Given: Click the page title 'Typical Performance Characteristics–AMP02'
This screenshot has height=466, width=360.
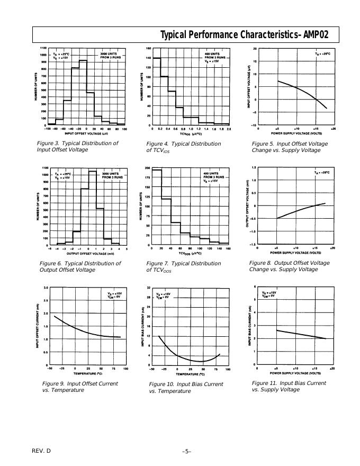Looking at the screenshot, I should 244,35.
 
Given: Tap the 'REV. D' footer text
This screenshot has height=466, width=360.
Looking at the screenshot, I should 42,451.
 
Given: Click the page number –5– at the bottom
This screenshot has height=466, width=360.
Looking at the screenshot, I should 186,451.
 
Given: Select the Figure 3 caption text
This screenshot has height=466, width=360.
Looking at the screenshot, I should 77,147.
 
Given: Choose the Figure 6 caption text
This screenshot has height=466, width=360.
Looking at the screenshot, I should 80,266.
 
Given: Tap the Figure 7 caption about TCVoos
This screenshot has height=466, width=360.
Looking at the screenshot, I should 184,267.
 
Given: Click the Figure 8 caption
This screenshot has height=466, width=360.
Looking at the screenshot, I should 289,266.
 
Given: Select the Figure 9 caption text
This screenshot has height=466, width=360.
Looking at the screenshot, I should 80,387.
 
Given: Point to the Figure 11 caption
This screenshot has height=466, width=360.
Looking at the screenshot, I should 289,386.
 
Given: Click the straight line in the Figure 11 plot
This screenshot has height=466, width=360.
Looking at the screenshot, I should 302,334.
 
